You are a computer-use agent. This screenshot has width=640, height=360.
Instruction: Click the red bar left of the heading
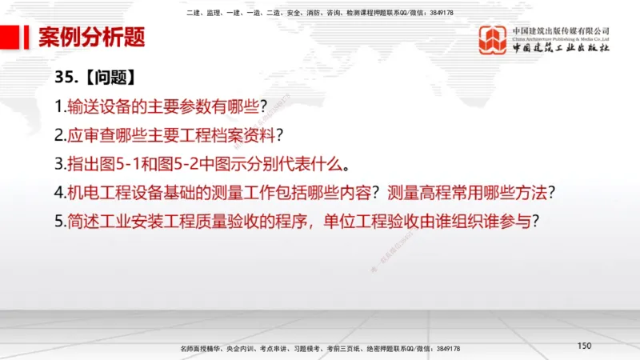coord(10,37)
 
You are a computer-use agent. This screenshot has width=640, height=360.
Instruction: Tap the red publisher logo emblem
coord(492,40)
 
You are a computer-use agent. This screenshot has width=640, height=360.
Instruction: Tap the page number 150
coord(583,345)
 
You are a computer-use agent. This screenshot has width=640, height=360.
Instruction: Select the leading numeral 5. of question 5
coord(60,222)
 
